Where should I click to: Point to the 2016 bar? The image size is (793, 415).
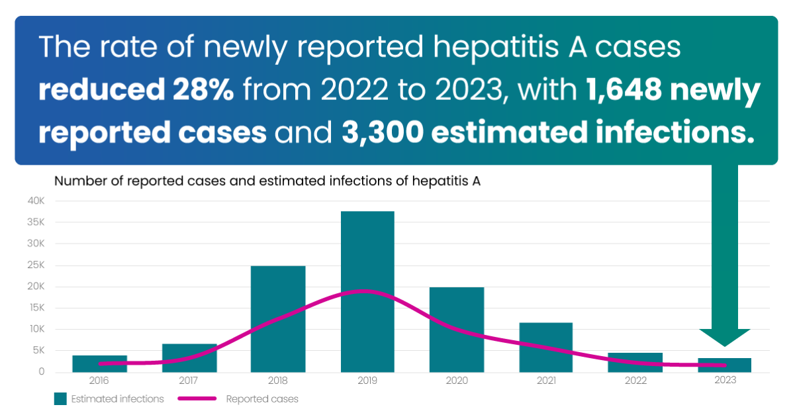click(99, 363)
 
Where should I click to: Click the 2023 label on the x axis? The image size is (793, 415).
click(725, 381)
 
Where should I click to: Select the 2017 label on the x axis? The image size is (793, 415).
click(189, 381)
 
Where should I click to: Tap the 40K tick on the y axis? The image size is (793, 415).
click(36, 201)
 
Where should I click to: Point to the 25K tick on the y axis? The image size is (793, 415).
click(36, 265)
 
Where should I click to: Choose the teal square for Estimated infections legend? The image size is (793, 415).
click(61, 398)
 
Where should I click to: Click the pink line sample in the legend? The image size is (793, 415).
click(197, 398)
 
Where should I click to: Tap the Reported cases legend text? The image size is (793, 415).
click(262, 399)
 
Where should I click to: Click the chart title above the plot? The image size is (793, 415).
click(267, 181)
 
